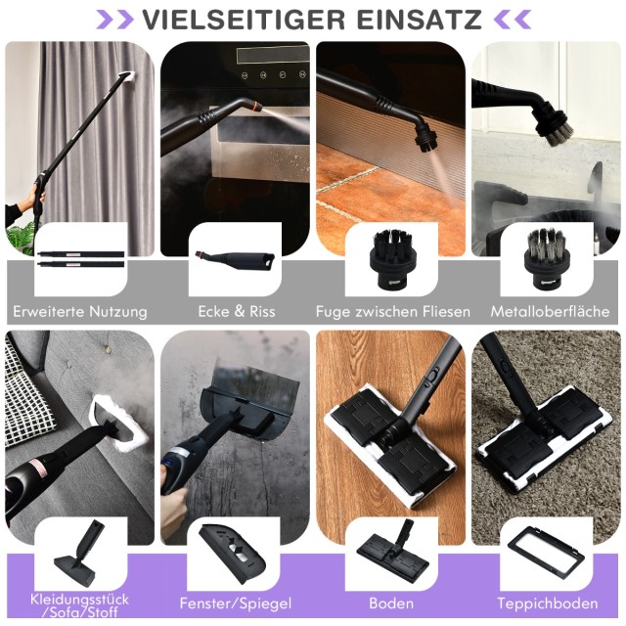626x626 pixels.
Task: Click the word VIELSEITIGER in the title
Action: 244,20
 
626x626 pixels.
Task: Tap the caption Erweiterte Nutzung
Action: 80,311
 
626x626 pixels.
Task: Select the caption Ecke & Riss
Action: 237,311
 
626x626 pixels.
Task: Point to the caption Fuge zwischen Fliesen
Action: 393,311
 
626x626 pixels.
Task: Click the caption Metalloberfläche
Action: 550,311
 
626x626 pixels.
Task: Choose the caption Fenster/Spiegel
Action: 236,604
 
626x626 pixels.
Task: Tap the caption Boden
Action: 391,603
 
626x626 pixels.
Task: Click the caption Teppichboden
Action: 548,604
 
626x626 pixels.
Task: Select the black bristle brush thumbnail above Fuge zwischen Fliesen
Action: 391,258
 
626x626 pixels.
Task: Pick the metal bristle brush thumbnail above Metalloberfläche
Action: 546,258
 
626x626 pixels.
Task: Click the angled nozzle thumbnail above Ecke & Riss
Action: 235,260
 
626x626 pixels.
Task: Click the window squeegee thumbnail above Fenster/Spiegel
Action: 233,554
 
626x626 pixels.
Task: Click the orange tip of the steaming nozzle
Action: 257,107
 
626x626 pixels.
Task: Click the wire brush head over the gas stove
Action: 556,125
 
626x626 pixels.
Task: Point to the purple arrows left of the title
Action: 114,20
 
